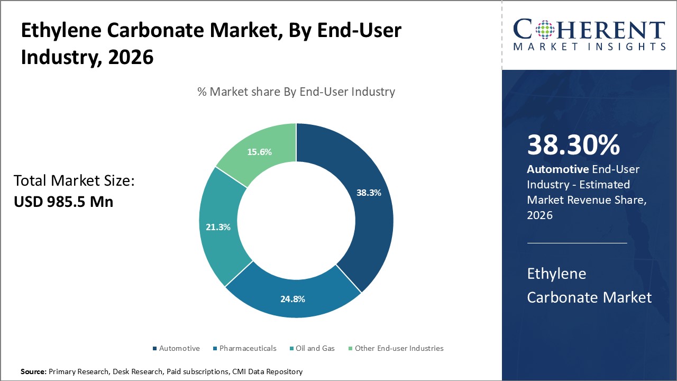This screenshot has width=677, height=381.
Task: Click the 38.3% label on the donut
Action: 369,193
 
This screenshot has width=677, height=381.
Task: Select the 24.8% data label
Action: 292,299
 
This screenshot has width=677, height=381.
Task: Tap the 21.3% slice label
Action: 218,227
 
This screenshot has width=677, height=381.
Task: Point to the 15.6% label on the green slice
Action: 259,152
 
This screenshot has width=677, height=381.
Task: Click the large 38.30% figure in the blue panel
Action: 573,146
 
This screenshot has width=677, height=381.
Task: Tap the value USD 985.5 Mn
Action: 63,202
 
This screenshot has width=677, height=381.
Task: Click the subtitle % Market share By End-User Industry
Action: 296,92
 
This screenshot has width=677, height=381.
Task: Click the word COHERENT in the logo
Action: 589,31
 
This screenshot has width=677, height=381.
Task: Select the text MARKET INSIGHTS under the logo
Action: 589,47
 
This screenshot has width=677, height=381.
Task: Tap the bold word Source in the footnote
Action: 33,372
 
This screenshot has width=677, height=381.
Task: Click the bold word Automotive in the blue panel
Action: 557,169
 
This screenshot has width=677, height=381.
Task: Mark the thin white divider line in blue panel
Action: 577,243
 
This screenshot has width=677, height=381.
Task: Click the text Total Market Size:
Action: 74,181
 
